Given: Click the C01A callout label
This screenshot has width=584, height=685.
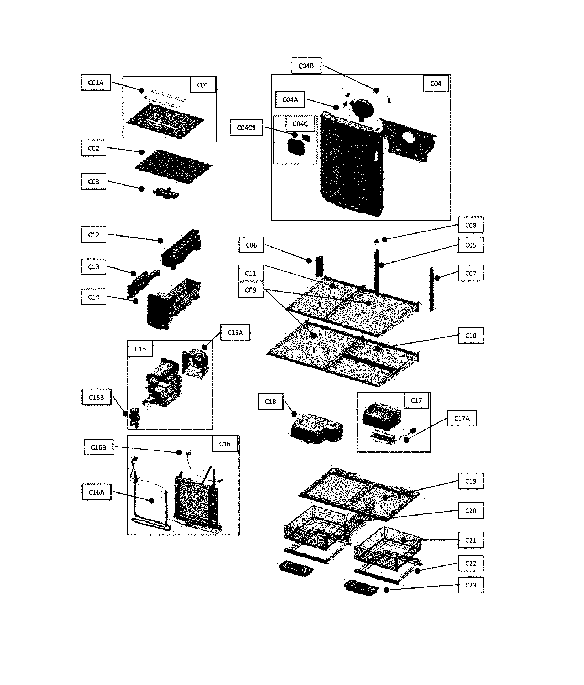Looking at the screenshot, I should coord(95,83).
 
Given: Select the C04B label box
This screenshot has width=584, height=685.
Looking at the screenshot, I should coord(306,66).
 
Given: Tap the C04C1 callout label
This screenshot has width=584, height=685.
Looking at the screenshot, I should coord(246,128).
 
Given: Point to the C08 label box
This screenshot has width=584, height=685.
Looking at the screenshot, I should coord(470,225).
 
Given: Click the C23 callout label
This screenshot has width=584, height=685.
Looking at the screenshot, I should coord(470,585).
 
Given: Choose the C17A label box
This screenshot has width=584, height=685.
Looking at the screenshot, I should coord(461,418).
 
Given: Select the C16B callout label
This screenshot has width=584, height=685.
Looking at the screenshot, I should coord(98,447).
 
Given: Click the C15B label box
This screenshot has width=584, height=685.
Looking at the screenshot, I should coord(96,397).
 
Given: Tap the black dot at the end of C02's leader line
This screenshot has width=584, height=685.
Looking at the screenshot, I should coord(142,152).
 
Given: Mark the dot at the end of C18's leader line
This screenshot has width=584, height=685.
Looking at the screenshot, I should coord(294,414).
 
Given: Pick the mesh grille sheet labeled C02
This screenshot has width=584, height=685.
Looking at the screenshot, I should coord(174,167).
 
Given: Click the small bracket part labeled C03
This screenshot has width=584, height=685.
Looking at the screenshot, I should coord(166,193).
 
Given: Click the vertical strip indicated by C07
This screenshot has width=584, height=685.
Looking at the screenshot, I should coord(432,289).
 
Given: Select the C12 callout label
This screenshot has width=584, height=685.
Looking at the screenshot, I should coord(93,235).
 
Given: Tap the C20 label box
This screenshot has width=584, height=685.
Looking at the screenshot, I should coord(470,511).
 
